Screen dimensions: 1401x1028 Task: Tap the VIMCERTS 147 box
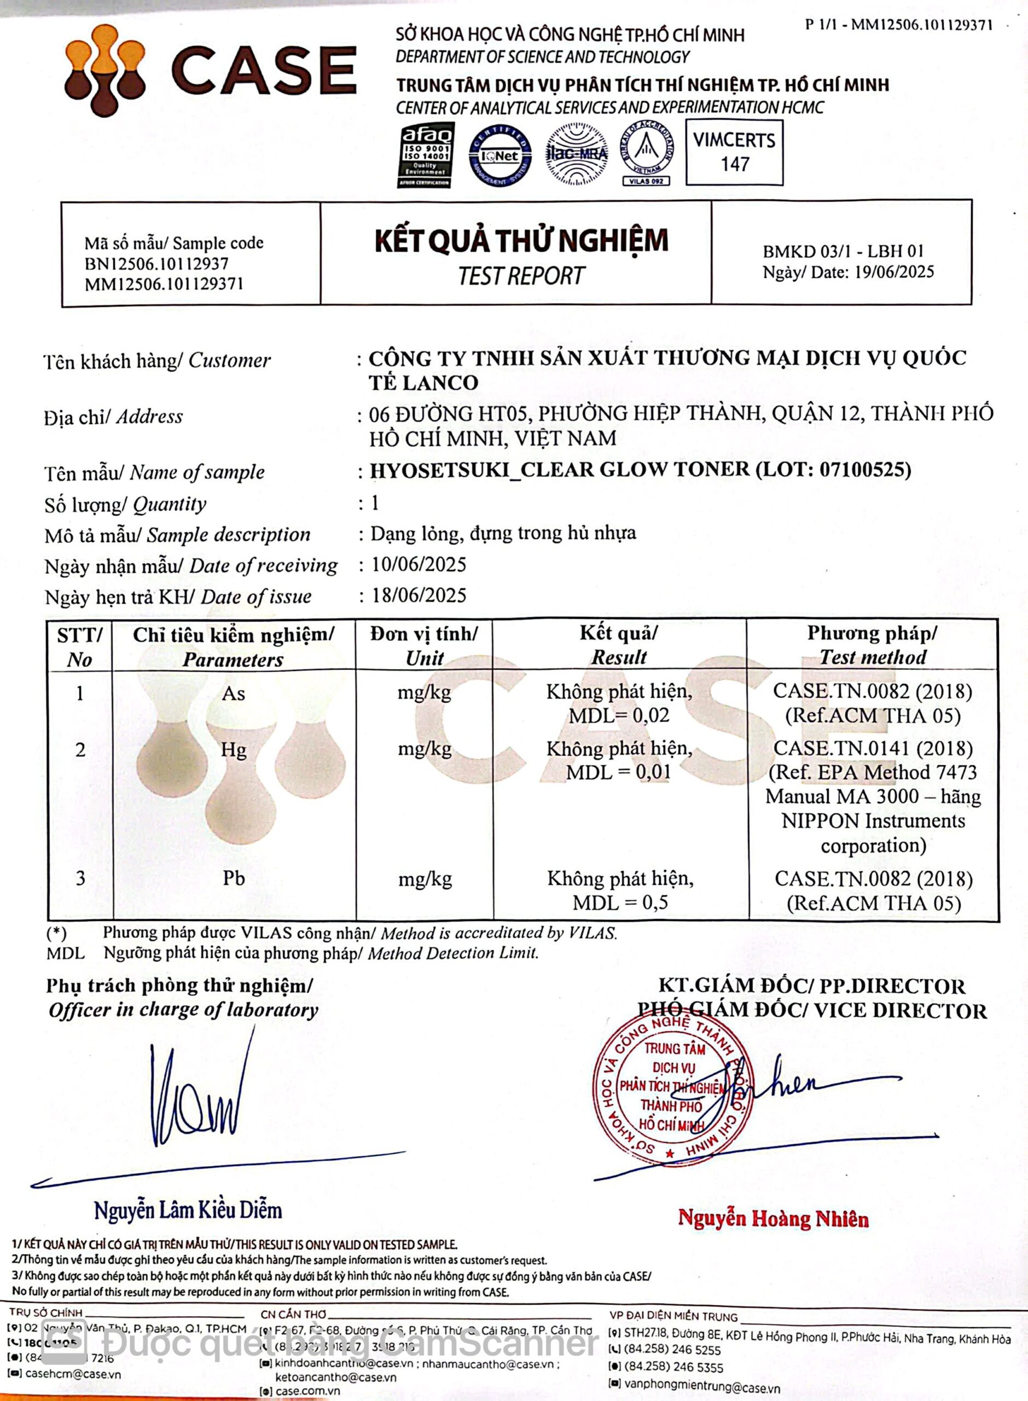[734, 153]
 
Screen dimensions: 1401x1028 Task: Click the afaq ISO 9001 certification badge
[426, 155]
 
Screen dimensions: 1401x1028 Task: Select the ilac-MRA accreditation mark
[576, 154]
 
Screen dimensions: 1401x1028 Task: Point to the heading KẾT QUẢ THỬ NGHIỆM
[521, 241]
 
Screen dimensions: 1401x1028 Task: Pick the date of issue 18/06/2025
[419, 595]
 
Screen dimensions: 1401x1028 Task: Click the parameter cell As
[234, 693]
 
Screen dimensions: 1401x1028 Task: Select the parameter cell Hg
[234, 749]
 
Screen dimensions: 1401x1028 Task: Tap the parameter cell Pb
[234, 878]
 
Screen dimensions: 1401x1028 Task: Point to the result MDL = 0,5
[620, 902]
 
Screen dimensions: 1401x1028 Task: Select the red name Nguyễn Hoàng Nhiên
[773, 1218]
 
